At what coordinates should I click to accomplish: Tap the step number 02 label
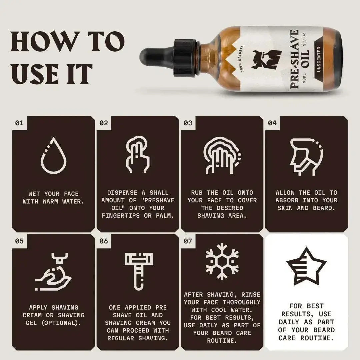point(104,123)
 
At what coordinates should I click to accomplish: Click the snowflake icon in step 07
point(222,261)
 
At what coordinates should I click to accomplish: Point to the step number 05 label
point(19,241)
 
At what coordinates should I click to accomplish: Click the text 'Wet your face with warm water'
point(53,198)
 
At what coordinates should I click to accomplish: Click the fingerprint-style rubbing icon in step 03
point(221,156)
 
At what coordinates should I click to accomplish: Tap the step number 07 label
point(188,241)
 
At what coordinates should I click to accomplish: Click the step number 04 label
point(272,123)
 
